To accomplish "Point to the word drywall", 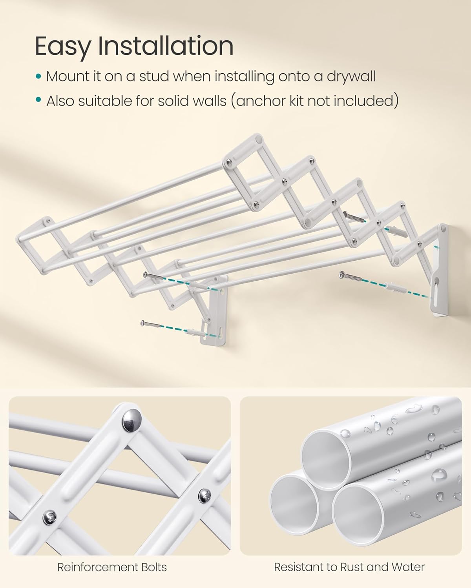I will click(x=351, y=76).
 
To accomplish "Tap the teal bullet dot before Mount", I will click(x=38, y=76).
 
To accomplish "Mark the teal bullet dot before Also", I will click(x=38, y=100).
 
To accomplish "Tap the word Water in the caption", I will click(x=408, y=567).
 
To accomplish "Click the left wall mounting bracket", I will click(x=214, y=310).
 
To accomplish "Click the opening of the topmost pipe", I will click(x=325, y=457).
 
